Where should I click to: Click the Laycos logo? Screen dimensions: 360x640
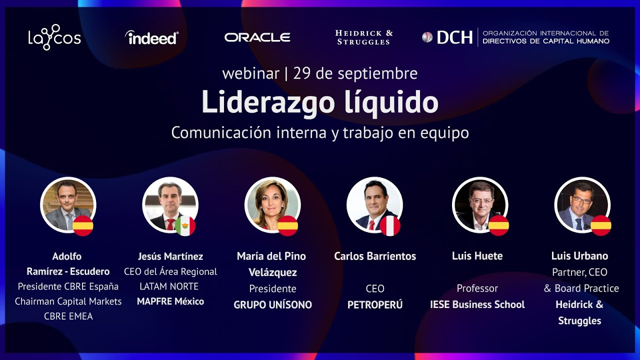[54, 37]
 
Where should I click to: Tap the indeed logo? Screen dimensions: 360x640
[151, 37]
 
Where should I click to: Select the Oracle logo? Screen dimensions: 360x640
[257, 37]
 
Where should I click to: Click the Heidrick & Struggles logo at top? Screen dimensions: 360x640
[363, 37]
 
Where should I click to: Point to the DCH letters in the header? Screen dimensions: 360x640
[454, 37]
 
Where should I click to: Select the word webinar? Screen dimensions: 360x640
[250, 73]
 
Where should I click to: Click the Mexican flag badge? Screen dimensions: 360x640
[185, 226]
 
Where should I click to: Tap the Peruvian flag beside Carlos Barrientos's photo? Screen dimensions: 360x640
[390, 226]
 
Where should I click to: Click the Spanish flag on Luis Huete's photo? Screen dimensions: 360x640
[498, 225]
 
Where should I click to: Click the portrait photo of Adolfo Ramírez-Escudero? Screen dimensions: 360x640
[67, 204]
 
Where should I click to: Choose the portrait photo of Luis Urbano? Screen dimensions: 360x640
[581, 204]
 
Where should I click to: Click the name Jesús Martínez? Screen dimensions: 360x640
[170, 256]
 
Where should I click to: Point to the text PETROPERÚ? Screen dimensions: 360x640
[374, 304]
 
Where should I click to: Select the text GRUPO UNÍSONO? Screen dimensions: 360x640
[272, 304]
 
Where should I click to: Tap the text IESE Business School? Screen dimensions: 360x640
[477, 304]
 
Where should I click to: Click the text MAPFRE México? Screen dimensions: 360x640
[170, 301]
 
